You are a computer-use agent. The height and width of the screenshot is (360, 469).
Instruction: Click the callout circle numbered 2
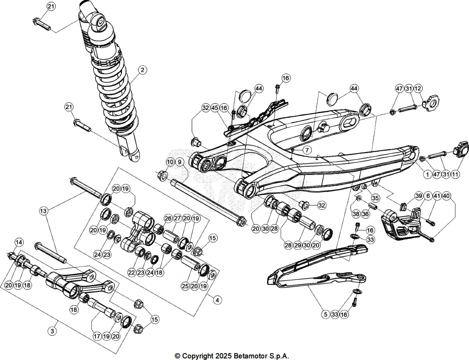(x=143, y=70)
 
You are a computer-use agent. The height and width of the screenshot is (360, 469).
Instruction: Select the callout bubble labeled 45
(x=215, y=108)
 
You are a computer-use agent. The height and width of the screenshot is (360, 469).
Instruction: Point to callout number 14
(x=19, y=242)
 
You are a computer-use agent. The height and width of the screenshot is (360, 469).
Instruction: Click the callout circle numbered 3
(x=52, y=331)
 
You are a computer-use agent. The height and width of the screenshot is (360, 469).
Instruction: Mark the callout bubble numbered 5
(x=326, y=315)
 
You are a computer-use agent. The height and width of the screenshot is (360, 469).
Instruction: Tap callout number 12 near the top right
(x=418, y=88)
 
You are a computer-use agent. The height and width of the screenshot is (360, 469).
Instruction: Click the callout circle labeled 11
(x=455, y=175)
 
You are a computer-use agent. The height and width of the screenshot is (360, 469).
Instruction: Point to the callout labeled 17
(x=97, y=336)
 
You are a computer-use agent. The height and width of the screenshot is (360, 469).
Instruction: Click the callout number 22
(x=131, y=273)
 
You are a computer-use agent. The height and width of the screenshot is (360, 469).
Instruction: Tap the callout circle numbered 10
(x=170, y=162)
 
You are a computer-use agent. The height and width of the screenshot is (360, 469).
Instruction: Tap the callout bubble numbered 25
(x=185, y=286)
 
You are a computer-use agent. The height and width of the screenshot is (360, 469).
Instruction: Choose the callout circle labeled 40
(x=446, y=196)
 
